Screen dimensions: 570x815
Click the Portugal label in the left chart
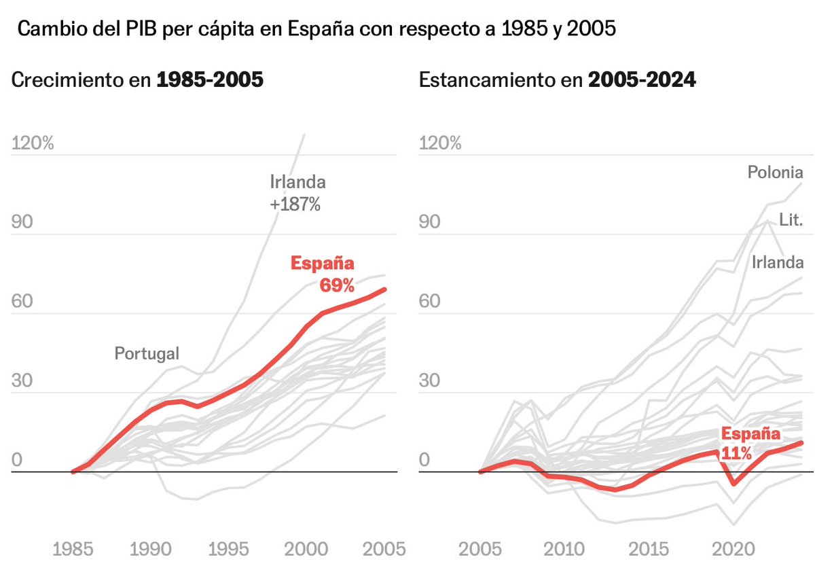coord(147,353)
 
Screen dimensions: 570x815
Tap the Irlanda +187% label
coord(297,193)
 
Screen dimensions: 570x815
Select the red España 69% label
coord(323,274)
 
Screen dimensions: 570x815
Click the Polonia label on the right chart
coord(775,173)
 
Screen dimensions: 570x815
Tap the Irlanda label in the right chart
coord(777,263)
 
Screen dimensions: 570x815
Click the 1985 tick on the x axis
coord(73,549)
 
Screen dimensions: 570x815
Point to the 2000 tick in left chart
coord(304,549)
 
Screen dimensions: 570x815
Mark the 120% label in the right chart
coord(440,143)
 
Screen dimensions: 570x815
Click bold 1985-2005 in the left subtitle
coord(210,80)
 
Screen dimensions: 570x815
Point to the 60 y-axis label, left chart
coord(22,302)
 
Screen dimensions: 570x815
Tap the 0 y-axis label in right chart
coord(425,460)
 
